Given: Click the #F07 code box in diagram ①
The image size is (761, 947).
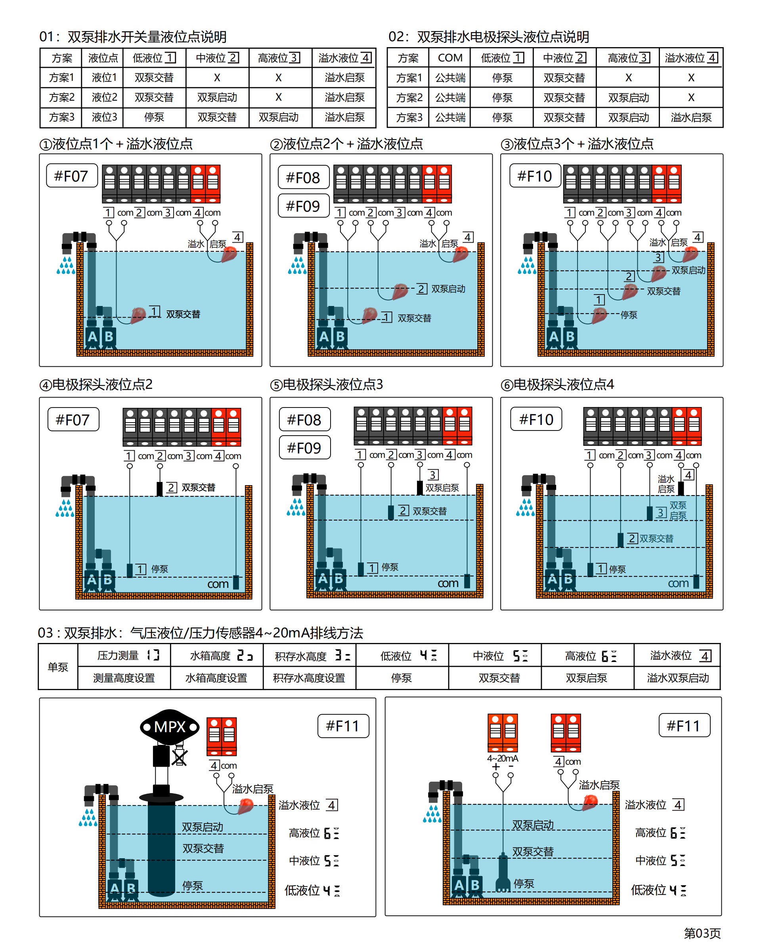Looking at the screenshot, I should pyautogui.click(x=71, y=176).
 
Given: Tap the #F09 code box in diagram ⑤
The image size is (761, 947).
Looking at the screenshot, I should pyautogui.click(x=304, y=448).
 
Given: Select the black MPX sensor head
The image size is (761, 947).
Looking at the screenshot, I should pyautogui.click(x=170, y=727).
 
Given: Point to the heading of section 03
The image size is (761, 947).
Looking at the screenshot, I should pyautogui.click(x=200, y=633).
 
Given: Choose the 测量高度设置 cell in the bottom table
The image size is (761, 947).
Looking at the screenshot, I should pyautogui.click(x=124, y=678).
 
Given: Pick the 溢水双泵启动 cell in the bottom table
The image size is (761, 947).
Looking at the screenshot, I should pyautogui.click(x=677, y=678).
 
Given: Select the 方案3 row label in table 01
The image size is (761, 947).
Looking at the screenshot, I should pyautogui.click(x=61, y=117).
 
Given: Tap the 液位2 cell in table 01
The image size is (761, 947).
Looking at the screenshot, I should pyautogui.click(x=104, y=97).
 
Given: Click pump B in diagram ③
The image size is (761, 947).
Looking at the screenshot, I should pyautogui.click(x=570, y=337).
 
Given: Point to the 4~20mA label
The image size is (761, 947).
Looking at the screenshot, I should pyautogui.click(x=502, y=759).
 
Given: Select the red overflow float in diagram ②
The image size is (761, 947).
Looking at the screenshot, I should pyautogui.click(x=460, y=254).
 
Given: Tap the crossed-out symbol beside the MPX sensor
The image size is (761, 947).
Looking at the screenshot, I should pyautogui.click(x=179, y=757).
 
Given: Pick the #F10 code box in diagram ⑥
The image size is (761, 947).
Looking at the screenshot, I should pyautogui.click(x=536, y=419).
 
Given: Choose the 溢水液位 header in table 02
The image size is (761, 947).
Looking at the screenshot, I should pyautogui.click(x=691, y=58).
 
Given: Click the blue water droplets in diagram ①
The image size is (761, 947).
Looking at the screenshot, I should pyautogui.click(x=66, y=265).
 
